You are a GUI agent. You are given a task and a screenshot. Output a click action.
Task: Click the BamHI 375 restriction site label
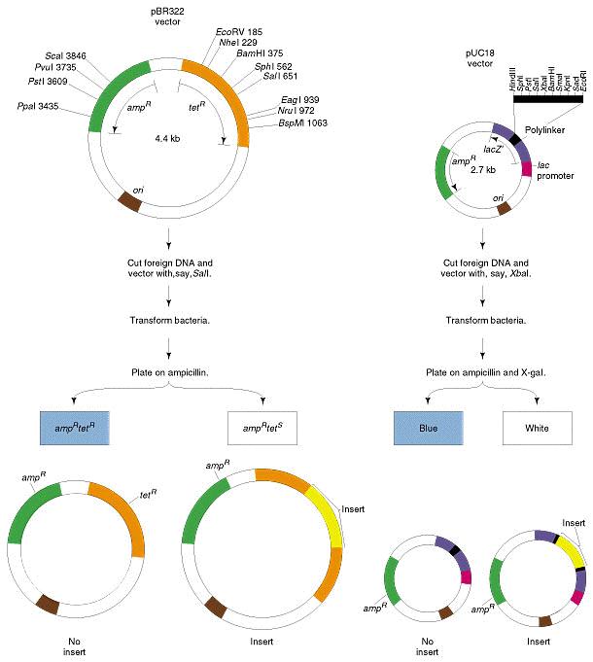point(260,53)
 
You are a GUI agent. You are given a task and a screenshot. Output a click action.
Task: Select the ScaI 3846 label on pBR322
point(65,56)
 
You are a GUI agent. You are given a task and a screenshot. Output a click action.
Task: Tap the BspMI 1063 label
point(302,123)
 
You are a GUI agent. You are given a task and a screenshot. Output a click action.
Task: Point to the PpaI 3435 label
point(38,106)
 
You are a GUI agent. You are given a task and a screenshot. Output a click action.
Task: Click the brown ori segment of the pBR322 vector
point(129,201)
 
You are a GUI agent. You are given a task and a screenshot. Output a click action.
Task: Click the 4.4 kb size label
point(167,138)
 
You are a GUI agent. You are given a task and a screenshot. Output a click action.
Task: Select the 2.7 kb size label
point(483,170)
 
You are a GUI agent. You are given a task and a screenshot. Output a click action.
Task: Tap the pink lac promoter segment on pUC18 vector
point(526,169)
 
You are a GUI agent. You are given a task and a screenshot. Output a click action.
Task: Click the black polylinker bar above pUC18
point(548,99)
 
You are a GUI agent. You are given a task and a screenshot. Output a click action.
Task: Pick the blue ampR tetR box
point(75,428)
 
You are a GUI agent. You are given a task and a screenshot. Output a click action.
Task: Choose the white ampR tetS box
point(262,428)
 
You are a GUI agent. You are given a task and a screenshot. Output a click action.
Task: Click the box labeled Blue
point(429,428)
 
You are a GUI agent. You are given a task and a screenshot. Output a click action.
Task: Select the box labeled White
point(538,428)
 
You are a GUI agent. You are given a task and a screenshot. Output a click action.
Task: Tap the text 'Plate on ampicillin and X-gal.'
point(486,372)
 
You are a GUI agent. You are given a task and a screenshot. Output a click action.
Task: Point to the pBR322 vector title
point(167,17)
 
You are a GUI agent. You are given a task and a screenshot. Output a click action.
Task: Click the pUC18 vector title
point(480,58)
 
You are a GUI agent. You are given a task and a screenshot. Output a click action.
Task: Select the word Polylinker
point(545,130)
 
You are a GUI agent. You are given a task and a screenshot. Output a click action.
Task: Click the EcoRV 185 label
point(239,32)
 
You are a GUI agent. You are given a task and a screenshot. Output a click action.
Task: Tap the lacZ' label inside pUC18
point(493,150)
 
